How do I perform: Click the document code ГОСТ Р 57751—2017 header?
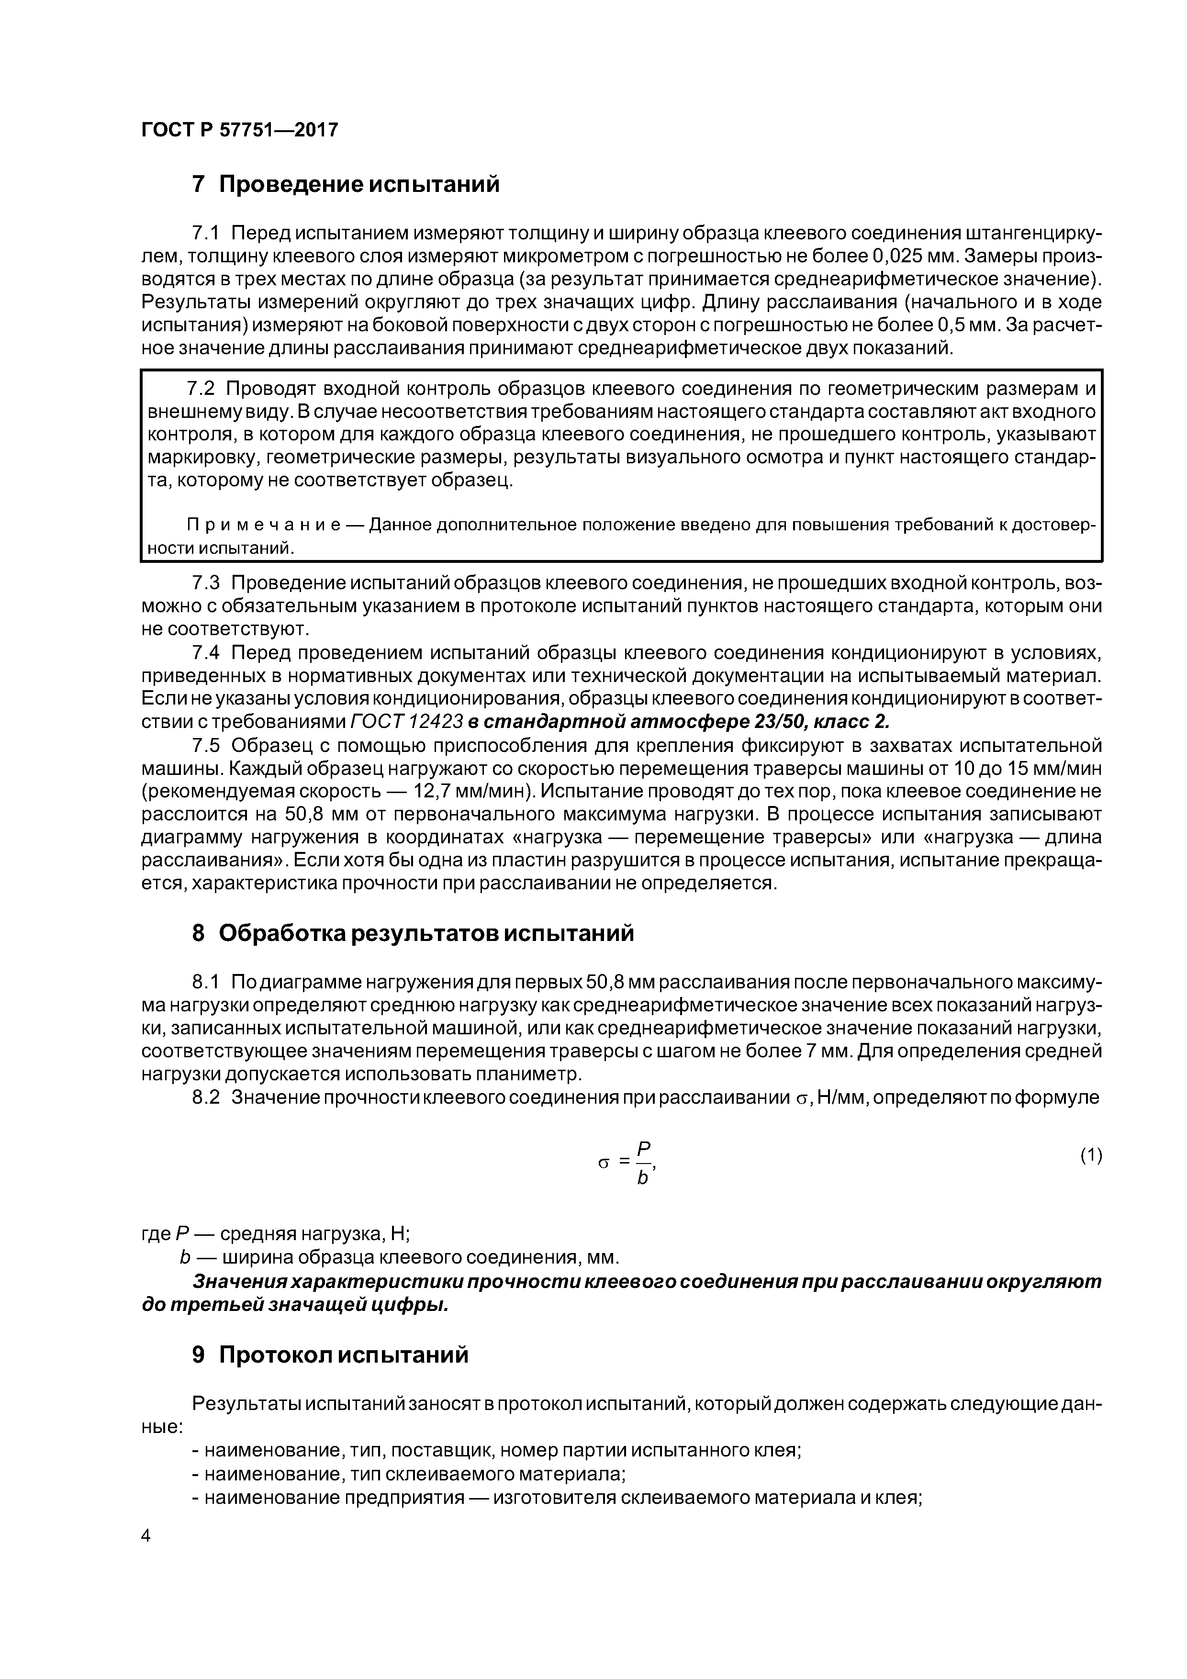pyautogui.click(x=240, y=130)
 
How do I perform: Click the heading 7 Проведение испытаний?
pyautogui.click(x=345, y=184)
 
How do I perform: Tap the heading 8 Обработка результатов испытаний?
pyautogui.click(x=413, y=934)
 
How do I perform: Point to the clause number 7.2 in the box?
pyautogui.click(x=202, y=388)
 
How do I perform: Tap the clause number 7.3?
pyautogui.click(x=205, y=583)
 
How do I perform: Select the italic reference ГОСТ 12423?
pyautogui.click(x=407, y=722)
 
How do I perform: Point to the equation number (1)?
pyautogui.click(x=1090, y=1155)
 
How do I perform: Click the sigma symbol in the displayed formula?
pyautogui.click(x=604, y=1163)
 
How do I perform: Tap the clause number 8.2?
pyautogui.click(x=205, y=1097)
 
